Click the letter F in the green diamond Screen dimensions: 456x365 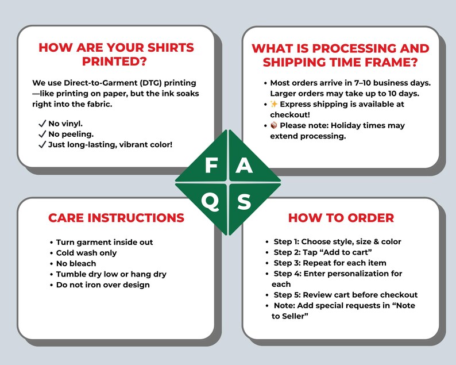(x=211, y=165)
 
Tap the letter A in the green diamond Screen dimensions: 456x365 (x=244, y=165)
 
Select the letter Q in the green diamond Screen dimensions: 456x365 (x=210, y=202)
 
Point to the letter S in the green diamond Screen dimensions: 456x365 (x=244, y=202)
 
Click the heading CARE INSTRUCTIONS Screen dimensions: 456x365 (x=117, y=218)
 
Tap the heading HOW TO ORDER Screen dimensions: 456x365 (x=341, y=218)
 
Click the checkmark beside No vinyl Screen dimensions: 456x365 (x=42, y=124)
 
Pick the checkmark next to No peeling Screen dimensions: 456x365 (x=42, y=134)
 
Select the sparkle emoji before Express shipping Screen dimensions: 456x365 (x=274, y=104)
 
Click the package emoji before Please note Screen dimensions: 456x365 (x=274, y=125)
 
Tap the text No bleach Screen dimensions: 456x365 (x=76, y=263)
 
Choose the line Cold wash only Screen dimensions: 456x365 (x=86, y=253)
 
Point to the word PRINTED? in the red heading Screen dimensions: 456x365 (x=114, y=62)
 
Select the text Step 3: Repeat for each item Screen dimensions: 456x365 (x=330, y=263)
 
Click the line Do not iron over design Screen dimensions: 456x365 (x=103, y=285)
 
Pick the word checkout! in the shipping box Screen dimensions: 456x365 (x=290, y=115)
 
